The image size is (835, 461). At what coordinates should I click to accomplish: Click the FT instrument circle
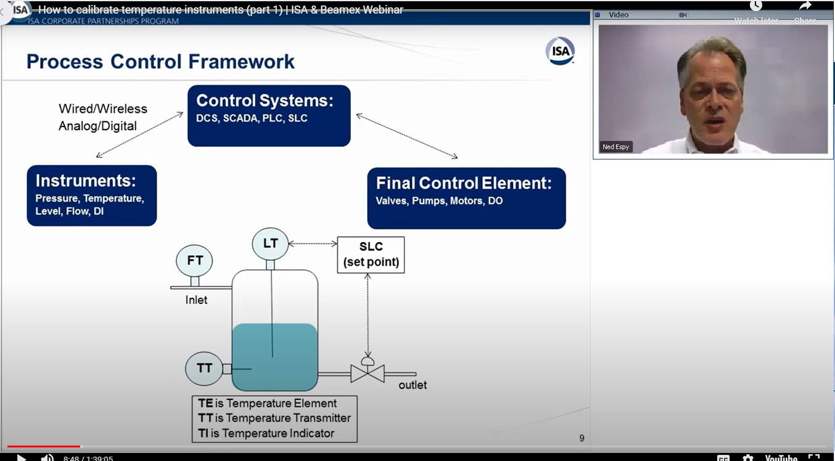(x=194, y=261)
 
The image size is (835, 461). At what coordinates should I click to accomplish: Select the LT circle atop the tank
(x=270, y=243)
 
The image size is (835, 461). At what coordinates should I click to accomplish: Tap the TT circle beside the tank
(x=204, y=369)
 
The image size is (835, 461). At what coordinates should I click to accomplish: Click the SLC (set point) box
(x=371, y=254)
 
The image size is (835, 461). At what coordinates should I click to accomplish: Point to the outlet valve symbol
(x=368, y=372)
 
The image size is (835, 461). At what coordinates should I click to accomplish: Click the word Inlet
(x=196, y=300)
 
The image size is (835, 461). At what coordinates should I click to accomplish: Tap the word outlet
(x=413, y=385)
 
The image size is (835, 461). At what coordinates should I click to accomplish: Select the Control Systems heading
(x=265, y=101)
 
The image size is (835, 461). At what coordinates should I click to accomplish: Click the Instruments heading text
(x=86, y=181)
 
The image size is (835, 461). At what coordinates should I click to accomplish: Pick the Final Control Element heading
(x=464, y=183)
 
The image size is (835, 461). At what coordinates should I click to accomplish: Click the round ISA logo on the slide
(x=560, y=51)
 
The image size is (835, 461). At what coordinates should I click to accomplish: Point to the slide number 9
(x=582, y=438)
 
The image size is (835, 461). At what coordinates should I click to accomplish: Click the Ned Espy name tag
(x=616, y=147)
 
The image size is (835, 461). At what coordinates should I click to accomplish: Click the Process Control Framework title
(x=160, y=62)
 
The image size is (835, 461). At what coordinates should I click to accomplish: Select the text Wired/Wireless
(x=103, y=109)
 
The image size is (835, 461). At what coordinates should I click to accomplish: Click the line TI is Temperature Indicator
(x=266, y=433)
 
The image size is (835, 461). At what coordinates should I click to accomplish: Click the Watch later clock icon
(x=756, y=6)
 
